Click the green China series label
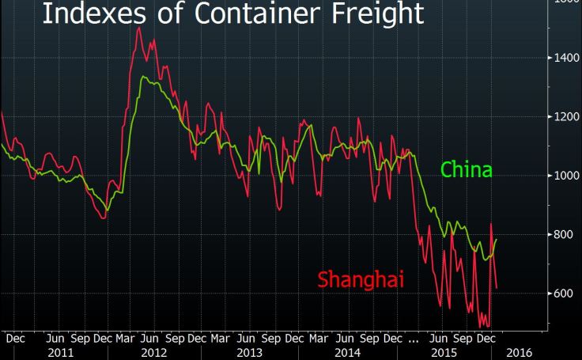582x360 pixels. pos(466,170)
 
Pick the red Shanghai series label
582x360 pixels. pos(361,279)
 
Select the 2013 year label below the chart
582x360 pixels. pos(250,351)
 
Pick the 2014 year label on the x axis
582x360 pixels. pos(346,351)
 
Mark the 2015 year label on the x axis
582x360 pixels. pos(441,351)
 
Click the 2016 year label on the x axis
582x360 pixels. pos(519,351)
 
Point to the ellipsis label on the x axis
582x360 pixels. pos(413,338)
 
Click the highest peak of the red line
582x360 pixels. pos(139,28)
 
